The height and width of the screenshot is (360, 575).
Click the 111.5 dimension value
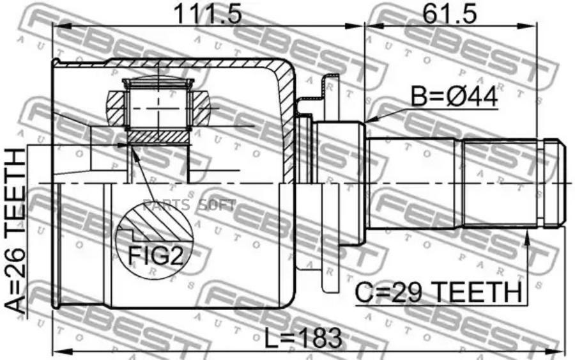[x=208, y=14]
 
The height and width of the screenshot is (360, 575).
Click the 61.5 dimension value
[x=449, y=14]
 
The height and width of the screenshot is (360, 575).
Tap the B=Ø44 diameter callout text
[x=454, y=97]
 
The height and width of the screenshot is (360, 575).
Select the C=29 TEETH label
[x=438, y=292]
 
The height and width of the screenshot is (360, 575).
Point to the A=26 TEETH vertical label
[x=15, y=231]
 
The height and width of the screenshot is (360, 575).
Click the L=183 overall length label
[x=303, y=338]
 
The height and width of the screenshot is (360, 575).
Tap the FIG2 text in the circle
[x=155, y=255]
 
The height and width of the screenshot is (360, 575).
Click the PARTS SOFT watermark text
[x=190, y=205]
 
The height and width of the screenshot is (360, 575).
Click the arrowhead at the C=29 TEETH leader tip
[x=528, y=237]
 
